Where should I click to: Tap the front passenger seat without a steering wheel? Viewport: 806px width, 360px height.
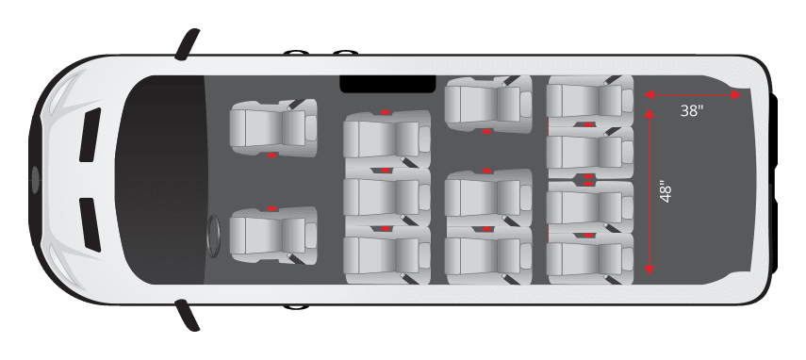(x=271, y=127)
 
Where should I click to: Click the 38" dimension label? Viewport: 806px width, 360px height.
(x=692, y=111)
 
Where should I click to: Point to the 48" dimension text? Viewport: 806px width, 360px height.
(x=667, y=191)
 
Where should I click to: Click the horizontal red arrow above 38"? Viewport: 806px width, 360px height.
(x=692, y=94)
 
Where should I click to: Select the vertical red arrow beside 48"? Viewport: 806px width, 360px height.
(x=649, y=191)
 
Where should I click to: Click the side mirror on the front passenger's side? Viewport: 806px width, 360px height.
(x=188, y=44)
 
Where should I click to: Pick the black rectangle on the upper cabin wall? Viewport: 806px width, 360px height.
(x=387, y=84)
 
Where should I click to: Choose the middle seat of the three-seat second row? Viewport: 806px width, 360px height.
(x=386, y=197)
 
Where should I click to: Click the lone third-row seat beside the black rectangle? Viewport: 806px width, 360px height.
(x=486, y=104)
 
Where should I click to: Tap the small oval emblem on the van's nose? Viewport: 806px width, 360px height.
(x=36, y=178)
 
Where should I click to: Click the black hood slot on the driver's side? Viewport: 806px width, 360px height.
(x=90, y=224)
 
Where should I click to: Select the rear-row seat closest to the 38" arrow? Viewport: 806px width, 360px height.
(x=589, y=100)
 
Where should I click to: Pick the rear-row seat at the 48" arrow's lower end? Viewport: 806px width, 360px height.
(x=589, y=254)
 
